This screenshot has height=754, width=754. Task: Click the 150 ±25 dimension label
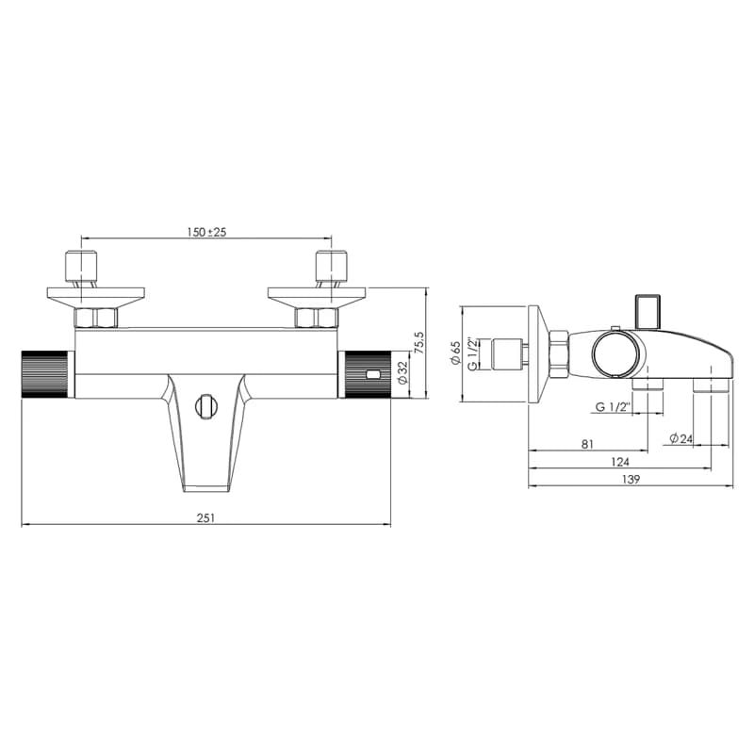(x=206, y=232)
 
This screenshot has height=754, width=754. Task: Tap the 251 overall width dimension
(x=205, y=517)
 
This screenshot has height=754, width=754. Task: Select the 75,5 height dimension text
(x=419, y=343)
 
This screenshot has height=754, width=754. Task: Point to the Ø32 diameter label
(x=403, y=371)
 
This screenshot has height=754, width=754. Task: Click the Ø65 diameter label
(x=455, y=352)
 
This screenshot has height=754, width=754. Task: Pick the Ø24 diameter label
(x=680, y=438)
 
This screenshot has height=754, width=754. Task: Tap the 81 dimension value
(x=587, y=444)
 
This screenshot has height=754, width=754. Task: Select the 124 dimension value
(x=620, y=462)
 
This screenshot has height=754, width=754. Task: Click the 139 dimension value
(x=631, y=479)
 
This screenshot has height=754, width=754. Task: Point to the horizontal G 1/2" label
(x=613, y=407)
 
